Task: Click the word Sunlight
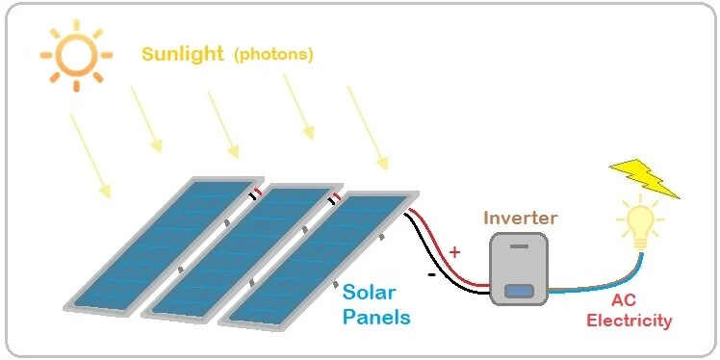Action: [x=183, y=53]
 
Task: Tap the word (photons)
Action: [x=273, y=54]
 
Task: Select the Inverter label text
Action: [x=521, y=218]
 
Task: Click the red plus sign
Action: [x=454, y=252]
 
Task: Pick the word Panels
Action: [x=377, y=316]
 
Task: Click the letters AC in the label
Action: [x=629, y=301]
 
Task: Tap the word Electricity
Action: [x=629, y=321]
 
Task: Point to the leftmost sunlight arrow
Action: [x=90, y=155]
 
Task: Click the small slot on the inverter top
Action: [x=520, y=246]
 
